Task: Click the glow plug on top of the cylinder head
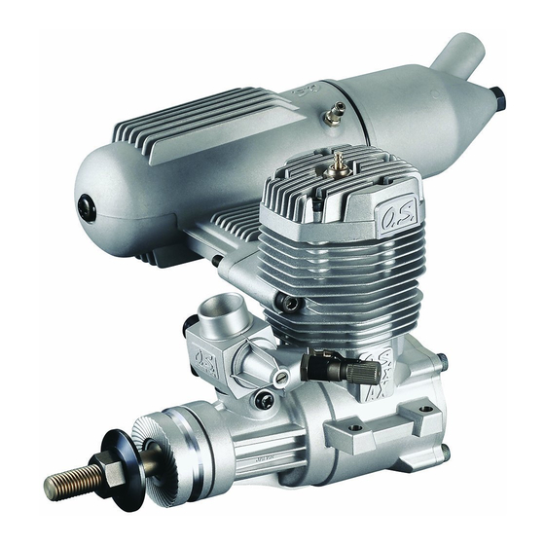pyautogui.click(x=338, y=162)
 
